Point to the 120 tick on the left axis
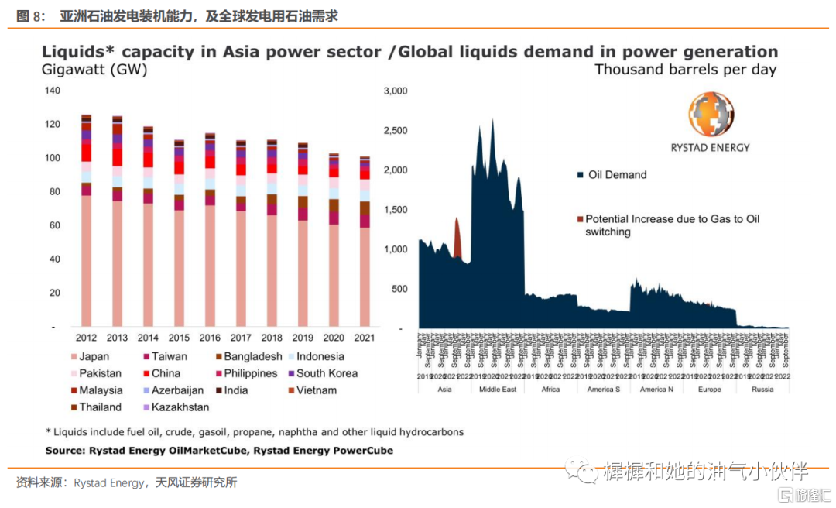click(52, 125)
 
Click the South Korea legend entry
click(326, 373)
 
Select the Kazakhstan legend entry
click(180, 407)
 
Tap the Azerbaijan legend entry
click(176, 390)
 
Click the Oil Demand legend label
click(616, 175)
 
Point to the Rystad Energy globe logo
click(709, 115)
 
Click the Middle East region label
click(498, 390)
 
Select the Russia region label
click(762, 390)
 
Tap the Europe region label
click(709, 390)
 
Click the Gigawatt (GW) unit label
click(94, 70)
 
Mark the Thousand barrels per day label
click(685, 70)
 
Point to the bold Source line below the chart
click(219, 451)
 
